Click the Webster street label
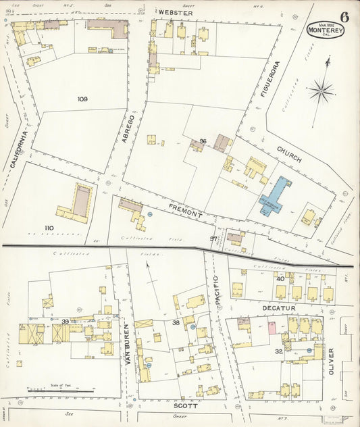pyautogui.click(x=176, y=13)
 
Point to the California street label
pyautogui.click(x=20, y=149)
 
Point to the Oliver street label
pyautogui.click(x=331, y=362)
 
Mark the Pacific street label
pyautogui.click(x=217, y=293)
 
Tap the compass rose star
pyautogui.click(x=321, y=89)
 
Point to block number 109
pyautogui.click(x=82, y=99)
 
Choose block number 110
pyautogui.click(x=49, y=228)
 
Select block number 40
pyautogui.click(x=280, y=279)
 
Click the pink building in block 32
pyautogui.click(x=272, y=328)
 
